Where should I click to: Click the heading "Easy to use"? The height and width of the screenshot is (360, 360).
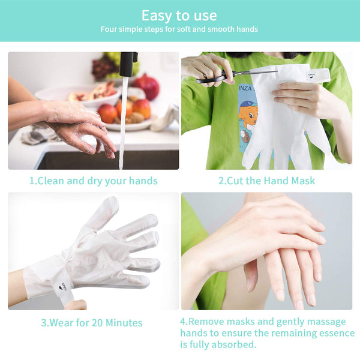179,16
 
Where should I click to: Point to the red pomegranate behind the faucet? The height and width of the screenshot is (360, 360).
147,86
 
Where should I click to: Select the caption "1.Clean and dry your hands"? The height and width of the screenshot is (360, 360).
93,181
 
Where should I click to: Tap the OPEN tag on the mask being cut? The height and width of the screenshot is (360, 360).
311,76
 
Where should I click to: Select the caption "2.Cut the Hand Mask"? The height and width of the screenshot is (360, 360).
266,181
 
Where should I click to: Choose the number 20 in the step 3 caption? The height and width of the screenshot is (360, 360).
97,323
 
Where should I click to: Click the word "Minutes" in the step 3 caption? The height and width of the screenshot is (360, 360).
124,323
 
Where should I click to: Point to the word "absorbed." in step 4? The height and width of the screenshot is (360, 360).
234,344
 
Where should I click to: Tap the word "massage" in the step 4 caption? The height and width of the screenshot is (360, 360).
326,322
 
